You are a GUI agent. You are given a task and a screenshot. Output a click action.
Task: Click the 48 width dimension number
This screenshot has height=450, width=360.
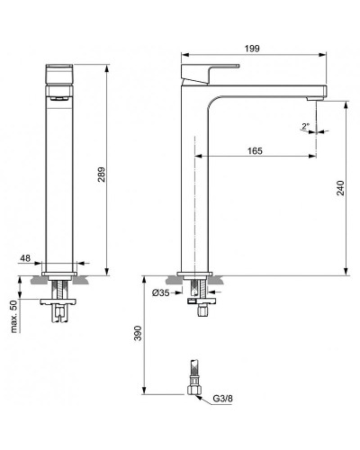tap(26, 258)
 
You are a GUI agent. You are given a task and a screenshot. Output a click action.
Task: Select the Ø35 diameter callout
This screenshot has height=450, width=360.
tap(162, 292)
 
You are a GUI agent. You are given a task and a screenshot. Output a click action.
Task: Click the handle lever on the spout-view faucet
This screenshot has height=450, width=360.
tap(211, 69)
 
